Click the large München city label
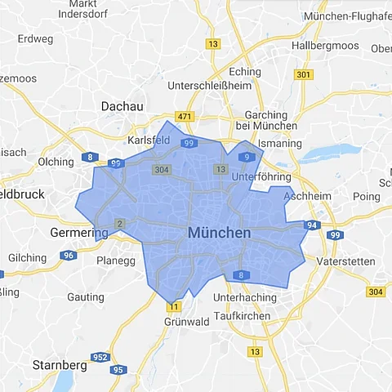pos(219,233)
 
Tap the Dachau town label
pos(122,106)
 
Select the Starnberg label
pos(59,364)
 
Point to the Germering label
pos(79,233)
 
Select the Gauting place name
pos(85,297)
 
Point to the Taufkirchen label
pos(242,315)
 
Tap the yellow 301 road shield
pos(304,75)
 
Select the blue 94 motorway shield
pos(311,224)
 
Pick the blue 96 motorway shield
pos(69,255)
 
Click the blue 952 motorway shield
pos(100,356)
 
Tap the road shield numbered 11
pos(173,307)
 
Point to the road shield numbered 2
pos(120,223)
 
